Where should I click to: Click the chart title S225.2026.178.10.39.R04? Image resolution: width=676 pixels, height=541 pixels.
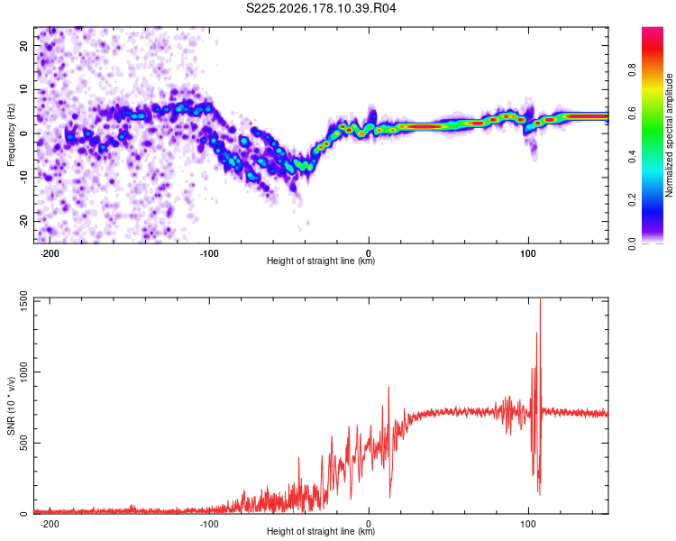pyautogui.click(x=321, y=8)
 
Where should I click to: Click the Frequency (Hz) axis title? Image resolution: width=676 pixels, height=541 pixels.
pyautogui.click(x=11, y=135)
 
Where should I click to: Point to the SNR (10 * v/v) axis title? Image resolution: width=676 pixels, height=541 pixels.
pyautogui.click(x=11, y=406)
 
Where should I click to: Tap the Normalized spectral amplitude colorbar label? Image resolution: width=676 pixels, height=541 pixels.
pyautogui.click(x=669, y=135)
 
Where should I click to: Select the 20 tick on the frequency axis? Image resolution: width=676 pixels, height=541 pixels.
pyautogui.click(x=24, y=45)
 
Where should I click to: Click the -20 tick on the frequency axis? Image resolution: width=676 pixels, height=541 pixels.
pyautogui.click(x=24, y=222)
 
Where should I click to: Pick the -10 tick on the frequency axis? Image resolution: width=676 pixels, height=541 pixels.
pyautogui.click(x=24, y=178)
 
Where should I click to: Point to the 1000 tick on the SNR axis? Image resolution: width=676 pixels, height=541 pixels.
pyautogui.click(x=24, y=371)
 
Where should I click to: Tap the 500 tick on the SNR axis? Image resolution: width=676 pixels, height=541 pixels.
pyautogui.click(x=24, y=443)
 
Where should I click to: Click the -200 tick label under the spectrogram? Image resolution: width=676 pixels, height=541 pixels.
pyautogui.click(x=50, y=253)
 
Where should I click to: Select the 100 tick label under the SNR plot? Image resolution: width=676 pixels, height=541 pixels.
pyautogui.click(x=528, y=524)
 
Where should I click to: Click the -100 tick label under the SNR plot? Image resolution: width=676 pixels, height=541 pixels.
pyautogui.click(x=209, y=524)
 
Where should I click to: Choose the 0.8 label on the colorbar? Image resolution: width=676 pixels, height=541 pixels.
pyautogui.click(x=632, y=69)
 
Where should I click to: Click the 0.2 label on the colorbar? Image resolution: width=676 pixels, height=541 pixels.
pyautogui.click(x=632, y=199)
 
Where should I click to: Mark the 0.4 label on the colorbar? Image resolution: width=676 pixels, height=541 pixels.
pyautogui.click(x=632, y=156)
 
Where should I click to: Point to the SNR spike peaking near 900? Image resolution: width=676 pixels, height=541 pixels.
pyautogui.click(x=388, y=389)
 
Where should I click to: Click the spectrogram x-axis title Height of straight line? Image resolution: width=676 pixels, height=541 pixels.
pyautogui.click(x=321, y=261)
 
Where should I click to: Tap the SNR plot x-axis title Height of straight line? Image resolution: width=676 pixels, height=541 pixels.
pyautogui.click(x=321, y=531)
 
